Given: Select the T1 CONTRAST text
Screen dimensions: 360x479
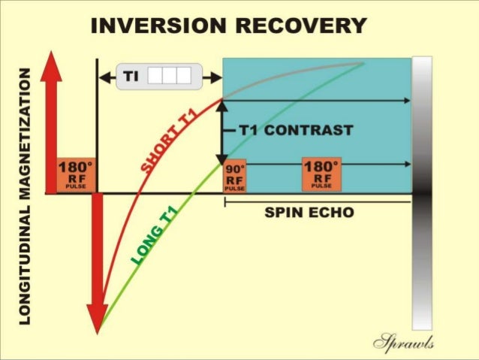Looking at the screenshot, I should coord(296,130).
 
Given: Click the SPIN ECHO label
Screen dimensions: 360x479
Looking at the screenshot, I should coord(309,213).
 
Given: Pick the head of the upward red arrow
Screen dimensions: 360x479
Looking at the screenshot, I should coord(51,65).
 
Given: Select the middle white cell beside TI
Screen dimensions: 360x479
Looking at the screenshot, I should coord(169,76).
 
